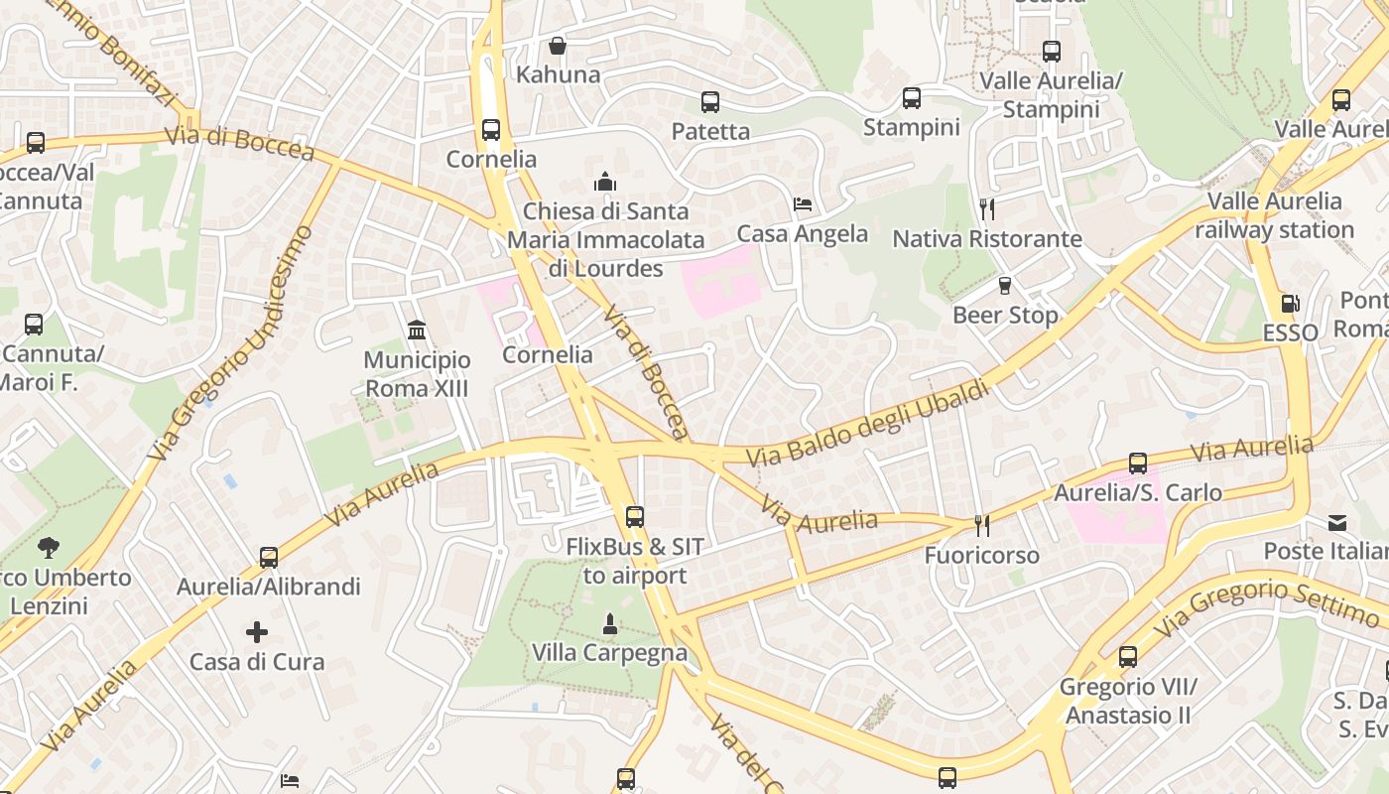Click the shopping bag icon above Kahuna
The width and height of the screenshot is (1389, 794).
(x=558, y=46)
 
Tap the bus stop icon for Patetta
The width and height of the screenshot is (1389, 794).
(x=710, y=101)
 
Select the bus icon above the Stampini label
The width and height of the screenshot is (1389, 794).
(x=912, y=97)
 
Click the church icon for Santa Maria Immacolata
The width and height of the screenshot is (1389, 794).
(x=604, y=182)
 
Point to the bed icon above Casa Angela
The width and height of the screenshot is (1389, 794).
(x=803, y=204)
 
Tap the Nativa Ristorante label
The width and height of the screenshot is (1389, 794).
(x=986, y=239)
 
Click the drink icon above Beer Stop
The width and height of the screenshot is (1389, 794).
(x=1005, y=286)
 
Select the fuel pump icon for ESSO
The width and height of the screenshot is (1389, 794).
(x=1290, y=304)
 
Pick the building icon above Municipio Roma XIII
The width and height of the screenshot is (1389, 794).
(x=417, y=330)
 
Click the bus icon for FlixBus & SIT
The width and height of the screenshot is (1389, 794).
(x=635, y=516)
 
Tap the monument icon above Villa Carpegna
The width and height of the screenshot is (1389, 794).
(x=609, y=623)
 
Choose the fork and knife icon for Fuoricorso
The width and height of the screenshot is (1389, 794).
(x=982, y=525)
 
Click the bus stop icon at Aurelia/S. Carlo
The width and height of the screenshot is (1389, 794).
(x=1138, y=463)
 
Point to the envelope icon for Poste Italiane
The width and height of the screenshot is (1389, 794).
(x=1337, y=522)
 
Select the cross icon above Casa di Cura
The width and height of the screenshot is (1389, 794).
(x=257, y=632)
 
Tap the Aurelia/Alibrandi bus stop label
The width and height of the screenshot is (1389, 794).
(x=268, y=587)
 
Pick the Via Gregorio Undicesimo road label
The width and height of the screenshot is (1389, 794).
(x=230, y=342)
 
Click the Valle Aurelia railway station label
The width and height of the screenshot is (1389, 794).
(x=1274, y=216)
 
